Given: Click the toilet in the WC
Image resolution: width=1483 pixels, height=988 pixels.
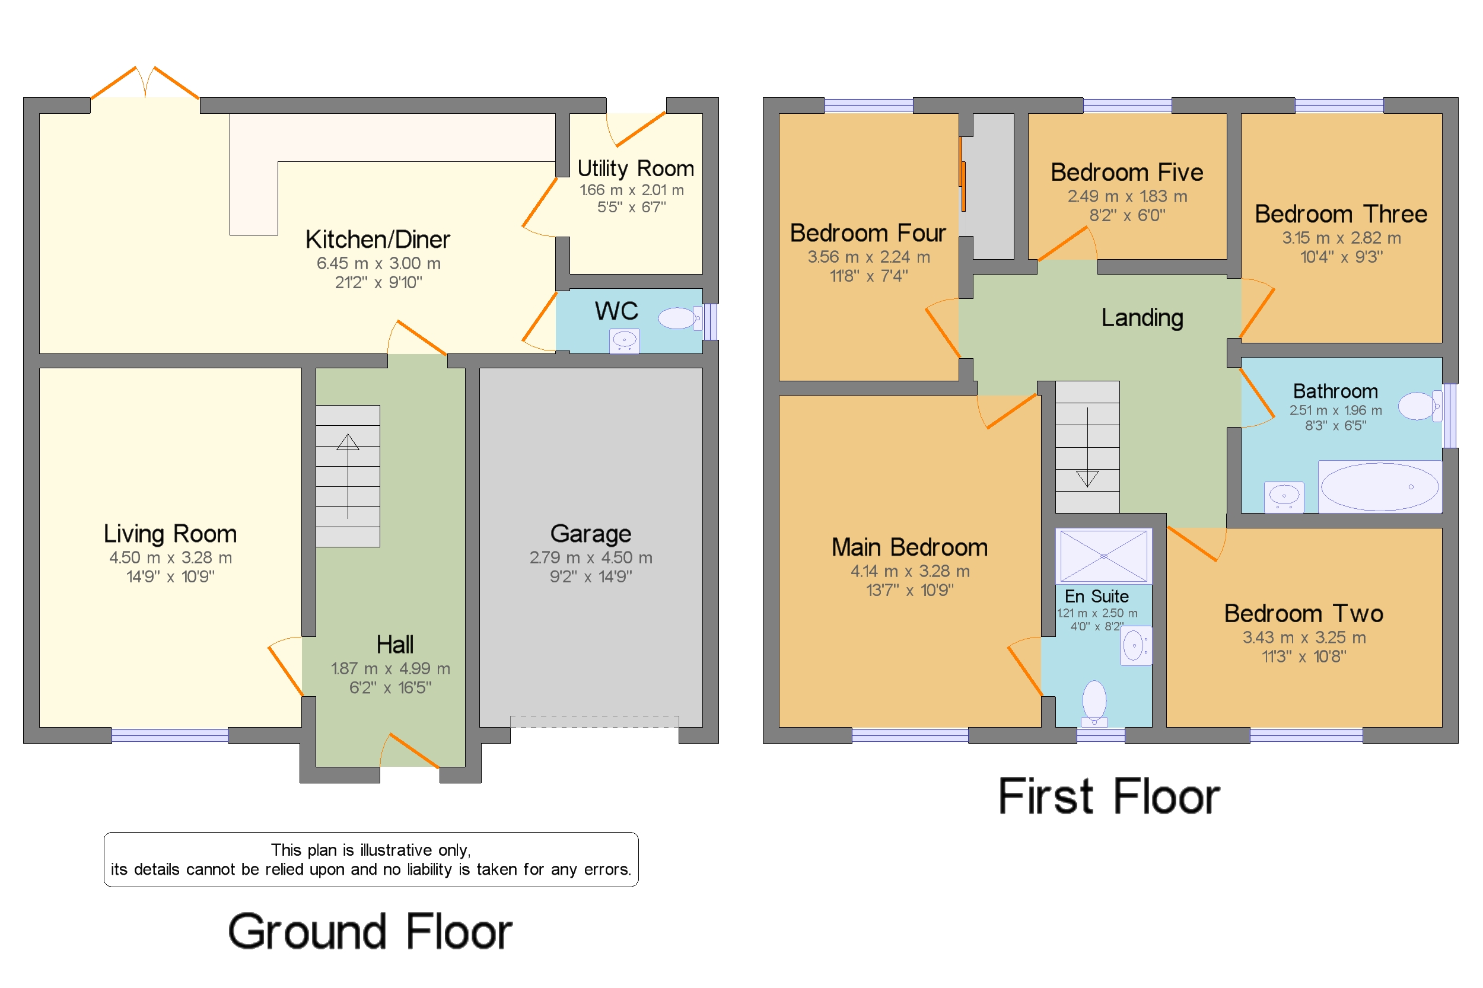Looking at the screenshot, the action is [680, 318].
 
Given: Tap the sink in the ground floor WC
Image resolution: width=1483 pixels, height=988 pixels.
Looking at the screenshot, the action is [624, 340].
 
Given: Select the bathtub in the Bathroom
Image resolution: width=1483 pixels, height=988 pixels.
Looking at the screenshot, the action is [1379, 486].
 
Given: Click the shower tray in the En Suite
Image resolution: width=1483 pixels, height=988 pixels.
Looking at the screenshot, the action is [1103, 556].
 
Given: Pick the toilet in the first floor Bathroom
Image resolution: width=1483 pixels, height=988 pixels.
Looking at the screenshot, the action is [1420, 406].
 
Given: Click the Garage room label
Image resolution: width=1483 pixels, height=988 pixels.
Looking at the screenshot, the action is [591, 534].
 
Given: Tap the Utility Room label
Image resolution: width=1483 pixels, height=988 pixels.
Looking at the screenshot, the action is [635, 168].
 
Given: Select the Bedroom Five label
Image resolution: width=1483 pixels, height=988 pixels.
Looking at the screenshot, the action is [1126, 172].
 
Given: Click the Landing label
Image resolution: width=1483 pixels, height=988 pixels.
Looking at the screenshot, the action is [1141, 318].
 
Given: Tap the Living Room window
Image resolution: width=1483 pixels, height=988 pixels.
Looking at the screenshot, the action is [170, 735].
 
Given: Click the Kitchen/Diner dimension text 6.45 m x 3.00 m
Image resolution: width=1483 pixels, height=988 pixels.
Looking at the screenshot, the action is [378, 263].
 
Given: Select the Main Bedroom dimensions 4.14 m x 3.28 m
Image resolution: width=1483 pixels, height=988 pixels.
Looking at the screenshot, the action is [909, 571].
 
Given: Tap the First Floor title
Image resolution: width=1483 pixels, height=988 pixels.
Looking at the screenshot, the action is [1109, 796].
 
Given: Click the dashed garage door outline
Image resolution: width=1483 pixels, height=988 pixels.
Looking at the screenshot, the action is [594, 722].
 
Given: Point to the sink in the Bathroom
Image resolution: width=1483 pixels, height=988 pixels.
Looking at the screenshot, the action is [1284, 497].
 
